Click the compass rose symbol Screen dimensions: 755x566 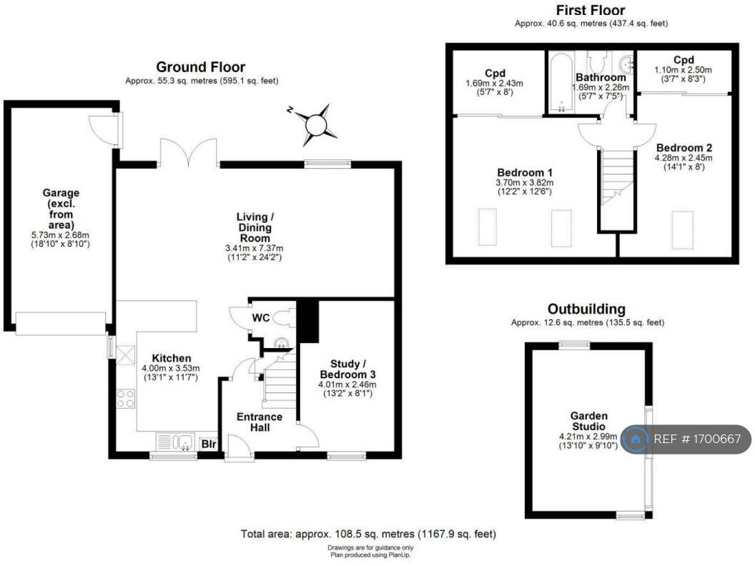(x=315, y=124)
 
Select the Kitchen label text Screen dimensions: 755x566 (x=172, y=358)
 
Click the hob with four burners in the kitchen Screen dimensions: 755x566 (x=126, y=399)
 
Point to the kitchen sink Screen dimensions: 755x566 (x=176, y=442)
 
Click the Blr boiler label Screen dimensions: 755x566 (x=209, y=444)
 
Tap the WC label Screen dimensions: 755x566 (x=260, y=318)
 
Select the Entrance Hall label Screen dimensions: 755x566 (x=260, y=422)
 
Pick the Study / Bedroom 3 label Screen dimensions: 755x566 (x=347, y=369)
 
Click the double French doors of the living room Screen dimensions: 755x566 (x=188, y=153)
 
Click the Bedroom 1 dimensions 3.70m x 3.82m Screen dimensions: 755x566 (x=524, y=183)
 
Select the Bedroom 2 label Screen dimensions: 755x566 (x=684, y=148)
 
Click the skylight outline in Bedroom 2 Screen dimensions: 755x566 (x=682, y=230)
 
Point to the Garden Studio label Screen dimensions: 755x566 (x=589, y=421)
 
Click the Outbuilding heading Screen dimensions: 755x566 (x=586, y=309)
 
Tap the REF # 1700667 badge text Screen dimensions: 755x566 (x=697, y=439)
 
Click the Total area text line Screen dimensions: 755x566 (x=368, y=534)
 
